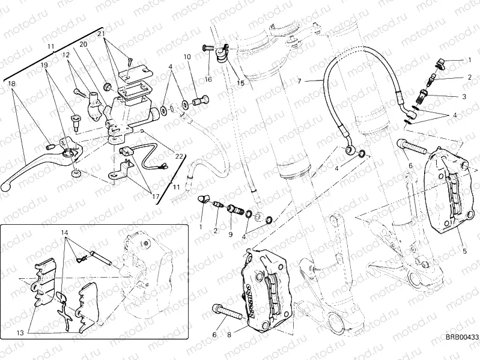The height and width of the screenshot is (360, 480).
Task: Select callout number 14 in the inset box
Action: pos(64,232)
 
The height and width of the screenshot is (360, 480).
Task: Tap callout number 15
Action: pos(240,83)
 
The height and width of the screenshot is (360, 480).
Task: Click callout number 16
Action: pos(208,79)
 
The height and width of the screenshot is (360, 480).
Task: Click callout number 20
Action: pos(83,44)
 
